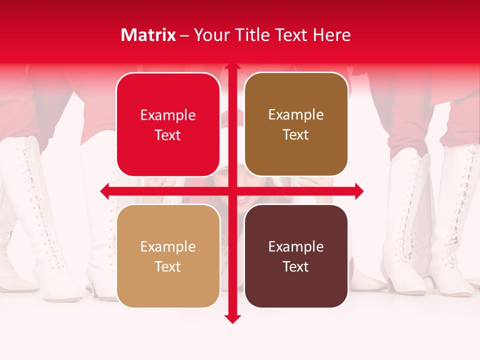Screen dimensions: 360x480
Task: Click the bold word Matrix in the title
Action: tap(148, 35)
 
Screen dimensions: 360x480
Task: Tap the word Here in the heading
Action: tap(332, 35)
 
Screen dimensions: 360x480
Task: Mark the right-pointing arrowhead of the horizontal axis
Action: tap(359, 191)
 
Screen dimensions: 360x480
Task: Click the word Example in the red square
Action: tap(168, 115)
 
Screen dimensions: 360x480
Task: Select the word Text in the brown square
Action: tap(296, 135)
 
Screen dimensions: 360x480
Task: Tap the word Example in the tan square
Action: tap(168, 247)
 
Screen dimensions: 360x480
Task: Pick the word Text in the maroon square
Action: tap(296, 267)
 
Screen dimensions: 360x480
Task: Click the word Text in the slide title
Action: tap(291, 35)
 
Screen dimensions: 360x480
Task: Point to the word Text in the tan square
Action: tap(168, 267)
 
